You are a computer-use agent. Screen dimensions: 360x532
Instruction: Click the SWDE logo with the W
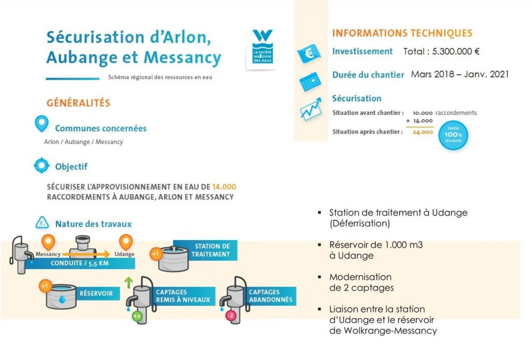[262, 47]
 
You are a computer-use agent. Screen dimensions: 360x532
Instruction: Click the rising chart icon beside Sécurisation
[311, 110]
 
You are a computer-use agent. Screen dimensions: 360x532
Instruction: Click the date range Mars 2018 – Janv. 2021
[460, 74]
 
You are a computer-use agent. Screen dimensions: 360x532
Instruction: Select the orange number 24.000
[423, 132]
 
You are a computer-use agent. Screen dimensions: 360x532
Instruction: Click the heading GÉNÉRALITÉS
[79, 103]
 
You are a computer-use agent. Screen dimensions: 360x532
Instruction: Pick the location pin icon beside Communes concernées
[41, 124]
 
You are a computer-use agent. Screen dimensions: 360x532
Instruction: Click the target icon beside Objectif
[41, 166]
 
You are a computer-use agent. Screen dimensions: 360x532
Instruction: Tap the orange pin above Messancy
[48, 241]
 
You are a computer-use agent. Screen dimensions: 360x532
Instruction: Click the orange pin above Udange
[126, 241]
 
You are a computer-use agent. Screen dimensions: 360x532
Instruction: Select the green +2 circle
[136, 316]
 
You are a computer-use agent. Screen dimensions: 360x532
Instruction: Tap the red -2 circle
[231, 316]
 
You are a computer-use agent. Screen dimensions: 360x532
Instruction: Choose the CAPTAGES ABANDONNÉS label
[270, 296]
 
